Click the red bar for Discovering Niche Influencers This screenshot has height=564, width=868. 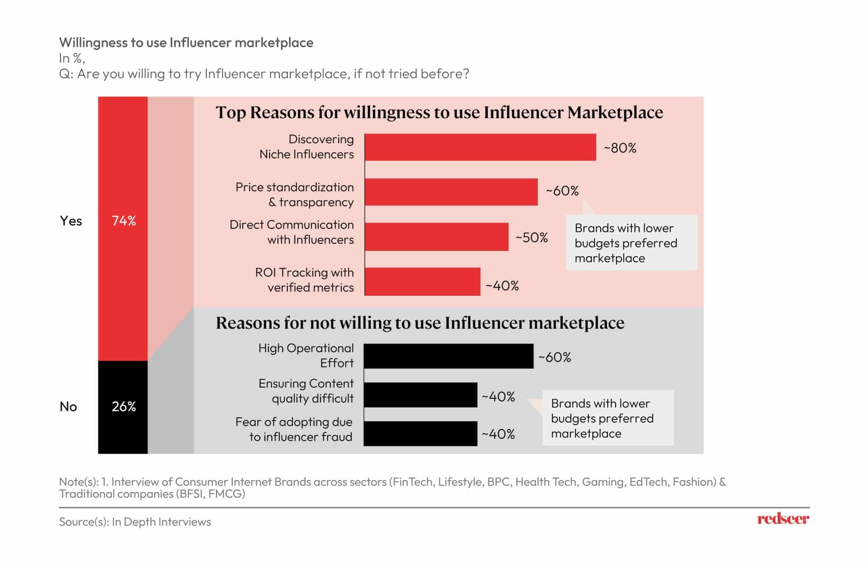[x=480, y=147]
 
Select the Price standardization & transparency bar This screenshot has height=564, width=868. [x=451, y=192]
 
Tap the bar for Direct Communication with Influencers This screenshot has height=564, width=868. [x=437, y=237]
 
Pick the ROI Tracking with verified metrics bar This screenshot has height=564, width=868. [x=423, y=282]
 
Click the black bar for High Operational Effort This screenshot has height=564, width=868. [x=448, y=356]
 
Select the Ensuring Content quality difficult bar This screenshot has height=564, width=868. [x=420, y=395]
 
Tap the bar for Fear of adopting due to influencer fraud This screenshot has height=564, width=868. [x=420, y=433]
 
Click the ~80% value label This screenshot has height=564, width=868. [x=620, y=148]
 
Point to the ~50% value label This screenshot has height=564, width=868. [x=531, y=237]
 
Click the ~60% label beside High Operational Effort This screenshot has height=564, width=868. [x=555, y=357]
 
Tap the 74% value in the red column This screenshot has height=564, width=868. [x=124, y=221]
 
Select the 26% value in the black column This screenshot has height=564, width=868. [x=124, y=407]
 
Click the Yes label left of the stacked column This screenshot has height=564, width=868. [x=71, y=221]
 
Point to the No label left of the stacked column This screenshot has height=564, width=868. [x=68, y=407]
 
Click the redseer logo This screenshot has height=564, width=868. [x=783, y=519]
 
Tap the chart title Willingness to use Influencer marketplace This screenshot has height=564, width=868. [x=186, y=42]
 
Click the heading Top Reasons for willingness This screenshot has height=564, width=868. [x=440, y=112]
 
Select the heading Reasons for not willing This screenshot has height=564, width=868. [x=420, y=323]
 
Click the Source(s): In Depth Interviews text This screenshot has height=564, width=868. [x=135, y=522]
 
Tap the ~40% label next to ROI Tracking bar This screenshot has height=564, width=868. [x=502, y=286]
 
